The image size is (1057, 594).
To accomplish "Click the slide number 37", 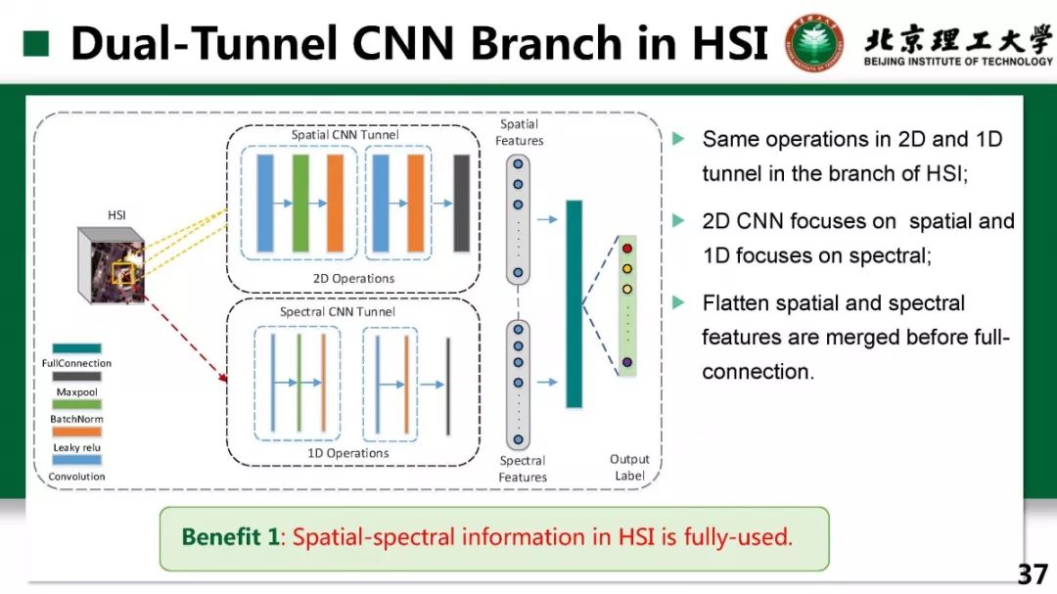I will coord(1032,573).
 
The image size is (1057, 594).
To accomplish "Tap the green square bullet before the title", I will coord(36,43).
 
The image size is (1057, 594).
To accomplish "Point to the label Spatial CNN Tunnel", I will coord(345,134).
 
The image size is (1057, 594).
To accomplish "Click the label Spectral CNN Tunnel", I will coord(338,312).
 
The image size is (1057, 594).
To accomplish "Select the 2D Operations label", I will coord(353,278).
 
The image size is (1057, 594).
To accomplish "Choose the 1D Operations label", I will coord(348,453).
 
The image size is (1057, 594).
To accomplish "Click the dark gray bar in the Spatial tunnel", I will coord(461,204).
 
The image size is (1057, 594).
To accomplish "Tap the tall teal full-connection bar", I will coord(574,303).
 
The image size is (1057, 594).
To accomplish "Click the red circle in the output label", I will coord(627,249).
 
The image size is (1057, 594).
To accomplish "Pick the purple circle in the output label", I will coord(627,363).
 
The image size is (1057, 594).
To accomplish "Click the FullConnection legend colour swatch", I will coord(76,348).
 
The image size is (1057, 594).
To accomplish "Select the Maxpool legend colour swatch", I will coord(76,377).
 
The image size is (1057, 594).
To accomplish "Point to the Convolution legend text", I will coord(76,477).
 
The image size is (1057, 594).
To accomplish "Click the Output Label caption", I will coord(629,468).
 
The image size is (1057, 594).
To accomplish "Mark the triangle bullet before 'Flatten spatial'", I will coord(677,303).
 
